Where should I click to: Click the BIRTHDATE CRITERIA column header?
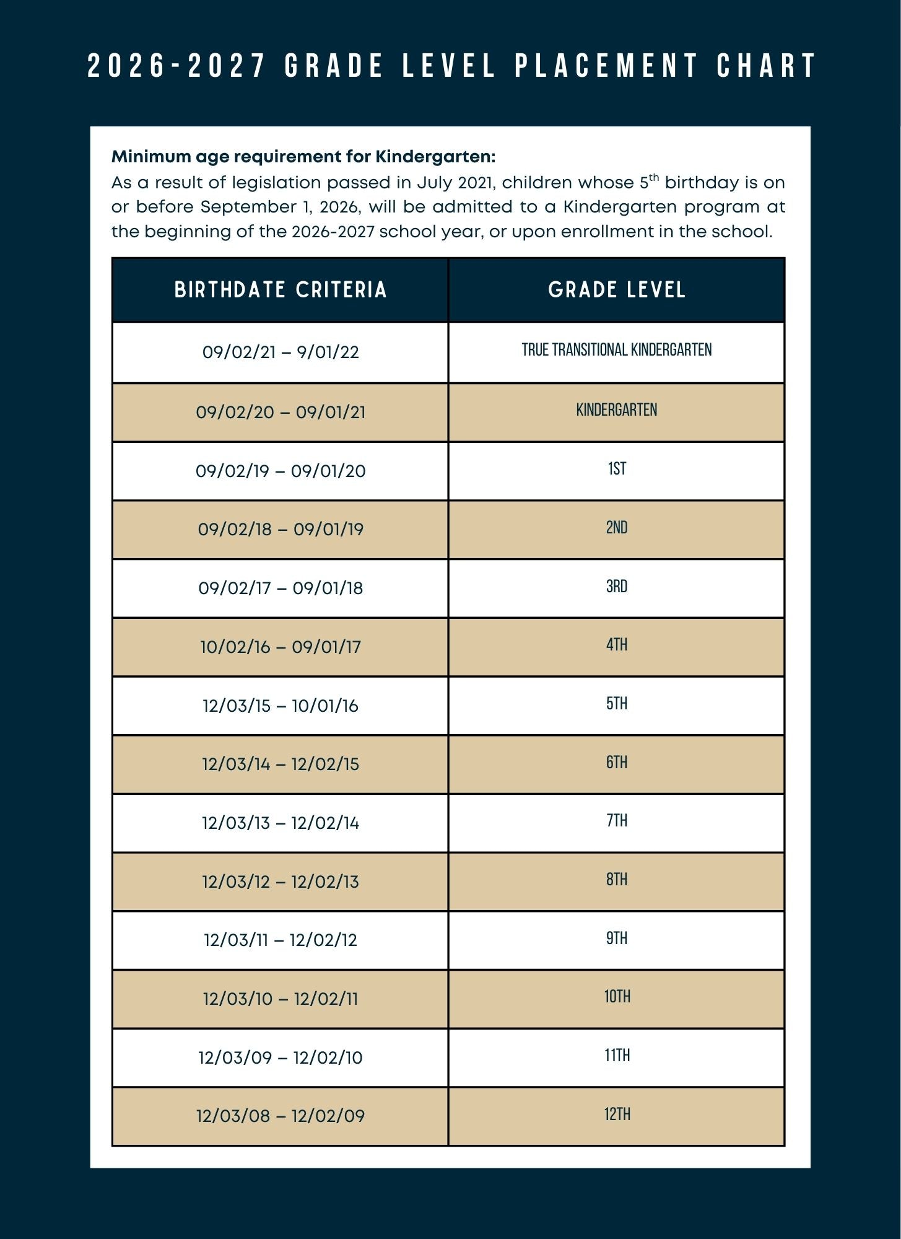coord(281,290)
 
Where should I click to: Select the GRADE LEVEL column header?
coord(617,290)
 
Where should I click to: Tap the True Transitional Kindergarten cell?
coord(617,350)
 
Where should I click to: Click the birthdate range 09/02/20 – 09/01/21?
coord(281,412)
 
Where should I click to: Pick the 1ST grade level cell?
coord(617,469)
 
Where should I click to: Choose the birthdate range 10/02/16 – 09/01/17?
coord(281,647)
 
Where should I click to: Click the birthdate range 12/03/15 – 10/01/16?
coord(281,706)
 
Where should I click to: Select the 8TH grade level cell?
coord(617,880)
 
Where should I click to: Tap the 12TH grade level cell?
coord(617,1114)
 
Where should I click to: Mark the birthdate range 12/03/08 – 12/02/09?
coord(281,1116)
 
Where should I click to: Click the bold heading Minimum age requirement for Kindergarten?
coord(303,157)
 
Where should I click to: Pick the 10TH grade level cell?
coord(617,997)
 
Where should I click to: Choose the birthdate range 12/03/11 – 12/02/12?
coord(281,940)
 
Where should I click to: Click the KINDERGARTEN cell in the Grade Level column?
coord(617,410)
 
